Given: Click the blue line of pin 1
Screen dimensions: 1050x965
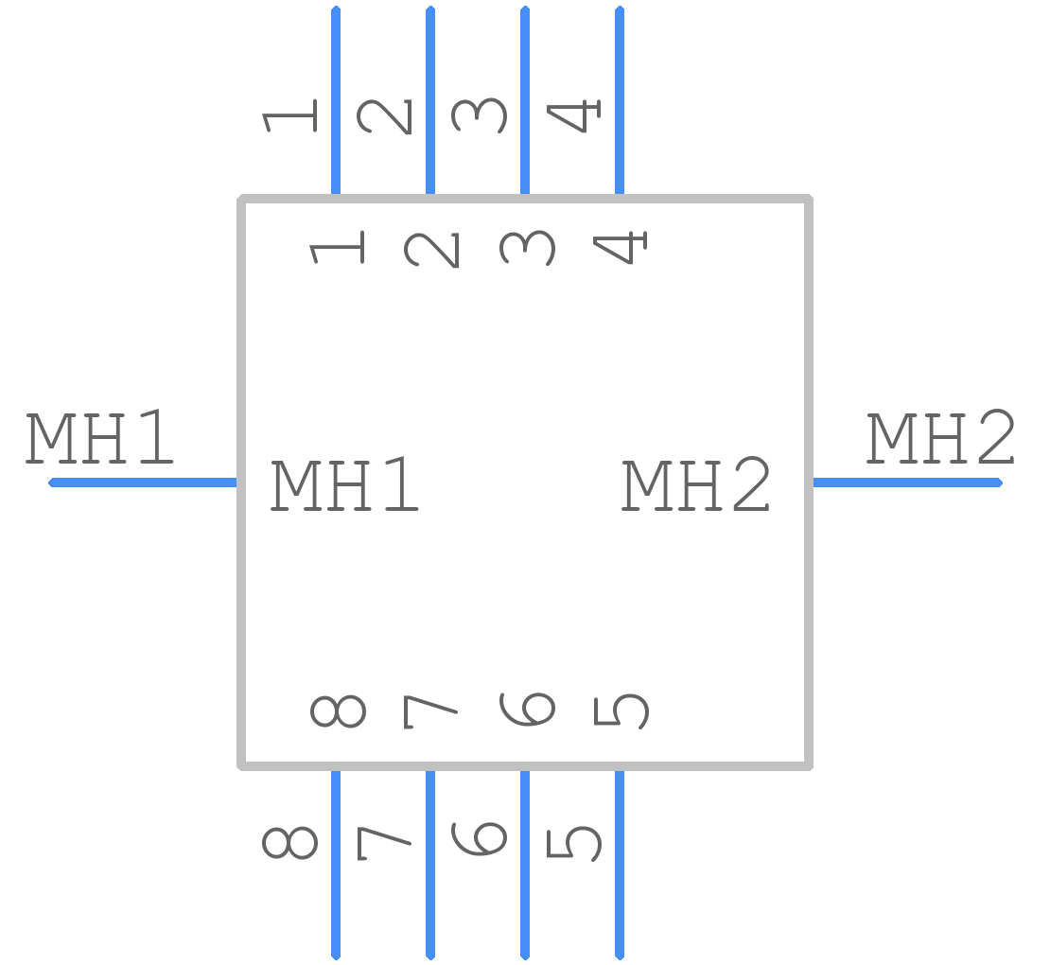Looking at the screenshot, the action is pyautogui.click(x=336, y=100).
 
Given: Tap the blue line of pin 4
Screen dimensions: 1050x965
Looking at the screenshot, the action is pyautogui.click(x=620, y=100).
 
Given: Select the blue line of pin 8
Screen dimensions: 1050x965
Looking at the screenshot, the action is pyautogui.click(x=336, y=866).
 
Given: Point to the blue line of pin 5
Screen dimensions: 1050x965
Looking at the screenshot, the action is pyautogui.click(x=620, y=866).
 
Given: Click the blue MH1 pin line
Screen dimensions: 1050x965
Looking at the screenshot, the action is pyautogui.click(x=143, y=482).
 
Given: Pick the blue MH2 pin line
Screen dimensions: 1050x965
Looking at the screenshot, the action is pyautogui.click(x=907, y=482).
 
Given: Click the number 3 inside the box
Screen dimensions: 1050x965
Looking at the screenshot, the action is pyautogui.click(x=528, y=248).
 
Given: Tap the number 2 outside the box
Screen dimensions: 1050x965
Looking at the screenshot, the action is pyautogui.click(x=385, y=116).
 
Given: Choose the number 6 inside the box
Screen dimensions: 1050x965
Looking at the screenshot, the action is pyautogui.click(x=528, y=710).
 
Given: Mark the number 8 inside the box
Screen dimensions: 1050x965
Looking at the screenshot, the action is pyautogui.click(x=338, y=711).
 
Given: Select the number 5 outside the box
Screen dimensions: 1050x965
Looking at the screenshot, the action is pyautogui.click(x=574, y=844).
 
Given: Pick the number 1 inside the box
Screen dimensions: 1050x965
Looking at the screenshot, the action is pyautogui.click(x=337, y=248).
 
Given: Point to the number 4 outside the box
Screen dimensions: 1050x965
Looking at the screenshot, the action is pyautogui.click(x=573, y=116).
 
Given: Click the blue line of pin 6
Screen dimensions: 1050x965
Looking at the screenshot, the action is pyautogui.click(x=525, y=866).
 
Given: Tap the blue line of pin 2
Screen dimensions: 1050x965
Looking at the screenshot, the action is pyautogui.click(x=430, y=100).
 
